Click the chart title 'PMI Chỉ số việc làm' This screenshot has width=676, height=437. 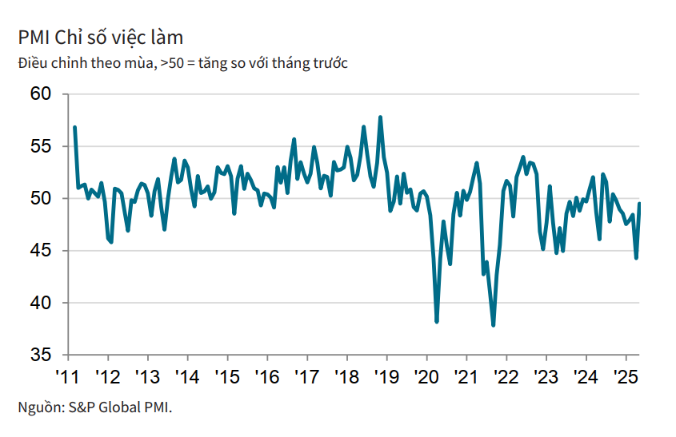coord(101,38)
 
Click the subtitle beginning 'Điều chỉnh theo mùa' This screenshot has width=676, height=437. coord(182,62)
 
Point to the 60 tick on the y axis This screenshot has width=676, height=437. coord(42,94)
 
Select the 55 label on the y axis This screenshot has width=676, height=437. coord(42,146)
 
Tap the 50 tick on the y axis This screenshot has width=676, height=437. coord(42,198)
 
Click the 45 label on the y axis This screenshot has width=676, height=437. coord(42,251)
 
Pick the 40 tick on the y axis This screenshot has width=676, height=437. coord(42,303)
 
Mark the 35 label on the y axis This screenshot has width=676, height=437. coord(42,355)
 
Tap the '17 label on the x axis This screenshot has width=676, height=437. coord(306,376)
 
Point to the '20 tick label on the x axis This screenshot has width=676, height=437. coord(426,376)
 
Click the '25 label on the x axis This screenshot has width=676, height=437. coord(625,376)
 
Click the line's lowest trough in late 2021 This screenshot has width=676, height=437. coord(494,325)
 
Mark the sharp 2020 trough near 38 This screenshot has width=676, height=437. coord(437,321)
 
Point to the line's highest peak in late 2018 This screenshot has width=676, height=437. coord(380,117)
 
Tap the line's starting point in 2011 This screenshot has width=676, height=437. coord(74,127)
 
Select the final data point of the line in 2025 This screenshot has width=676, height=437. coord(639,204)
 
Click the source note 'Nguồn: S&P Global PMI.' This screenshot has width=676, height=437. coord(95,407)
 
